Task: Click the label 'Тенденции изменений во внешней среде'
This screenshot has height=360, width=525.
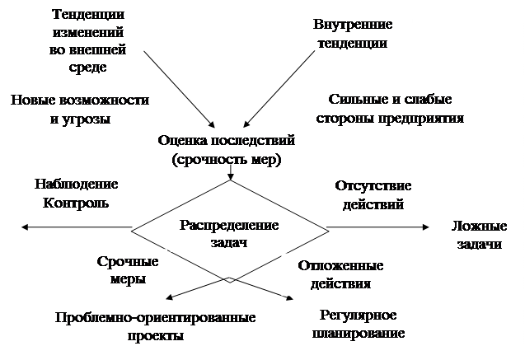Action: (89, 40)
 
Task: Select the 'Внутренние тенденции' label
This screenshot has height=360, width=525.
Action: (352, 32)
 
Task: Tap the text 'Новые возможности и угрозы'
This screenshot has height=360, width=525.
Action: (80, 109)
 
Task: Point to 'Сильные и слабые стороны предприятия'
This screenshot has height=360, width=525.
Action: (390, 109)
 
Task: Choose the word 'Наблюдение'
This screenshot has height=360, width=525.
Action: (76, 185)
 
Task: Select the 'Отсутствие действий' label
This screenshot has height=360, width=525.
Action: (374, 194)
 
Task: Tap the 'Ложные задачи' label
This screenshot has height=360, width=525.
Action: (480, 235)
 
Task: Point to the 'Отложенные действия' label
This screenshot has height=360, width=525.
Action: (340, 275)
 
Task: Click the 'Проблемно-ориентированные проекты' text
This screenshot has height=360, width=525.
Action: (155, 326)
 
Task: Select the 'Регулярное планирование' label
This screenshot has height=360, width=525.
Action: (357, 325)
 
